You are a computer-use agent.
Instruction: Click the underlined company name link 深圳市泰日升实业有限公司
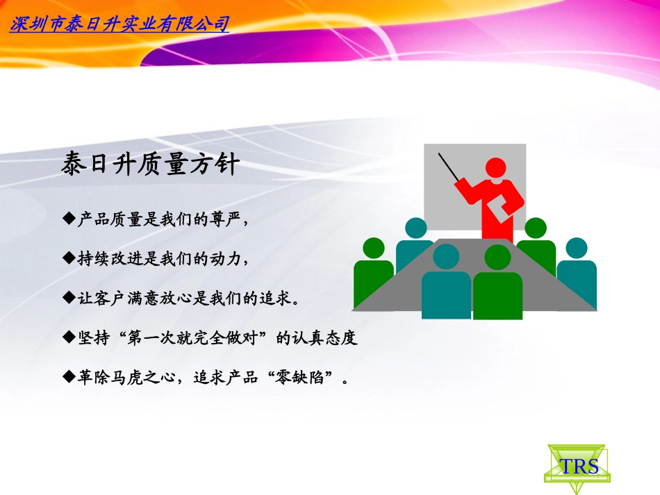coord(119,25)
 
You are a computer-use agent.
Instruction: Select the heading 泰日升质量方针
coord(151,165)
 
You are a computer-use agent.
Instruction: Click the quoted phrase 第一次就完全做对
coord(197,338)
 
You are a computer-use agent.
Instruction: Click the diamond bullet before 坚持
coord(68,337)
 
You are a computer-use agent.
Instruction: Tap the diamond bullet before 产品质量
coord(68,219)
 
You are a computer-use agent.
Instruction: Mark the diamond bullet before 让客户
coord(68,298)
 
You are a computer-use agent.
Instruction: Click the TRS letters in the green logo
coord(579,466)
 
